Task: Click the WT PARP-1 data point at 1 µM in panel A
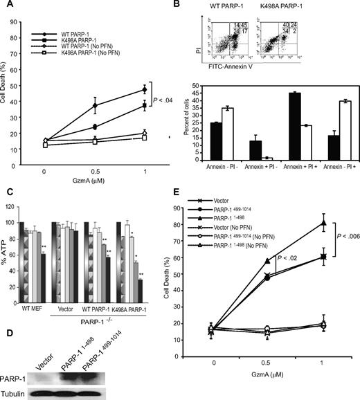pyautogui.click(x=144, y=89)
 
